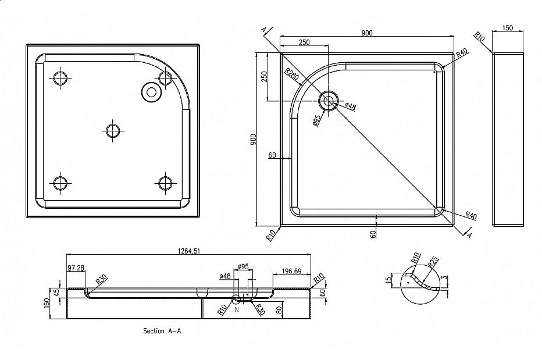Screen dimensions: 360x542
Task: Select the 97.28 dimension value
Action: point(76,268)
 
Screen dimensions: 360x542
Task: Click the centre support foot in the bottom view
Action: point(112,130)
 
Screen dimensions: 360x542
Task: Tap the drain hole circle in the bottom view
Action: point(151,91)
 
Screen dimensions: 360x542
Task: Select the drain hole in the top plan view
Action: point(329,101)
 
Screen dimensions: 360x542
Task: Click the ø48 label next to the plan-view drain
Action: point(350,106)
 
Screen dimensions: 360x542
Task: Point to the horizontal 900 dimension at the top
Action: point(366,32)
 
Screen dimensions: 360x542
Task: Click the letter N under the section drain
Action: point(237,310)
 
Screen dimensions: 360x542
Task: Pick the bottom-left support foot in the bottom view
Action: point(60,183)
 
